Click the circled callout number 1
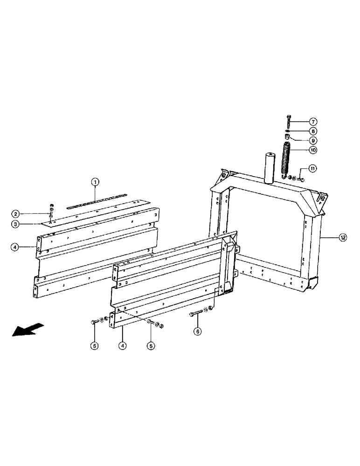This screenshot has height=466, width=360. coord(95,183)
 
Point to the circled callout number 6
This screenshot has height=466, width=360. coord(198,332)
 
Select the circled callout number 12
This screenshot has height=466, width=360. coord(343,238)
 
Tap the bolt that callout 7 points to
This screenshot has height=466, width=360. coord(288,121)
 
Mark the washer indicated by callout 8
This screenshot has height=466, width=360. coord(288,131)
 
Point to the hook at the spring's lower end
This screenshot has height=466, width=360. coord(284,177)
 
